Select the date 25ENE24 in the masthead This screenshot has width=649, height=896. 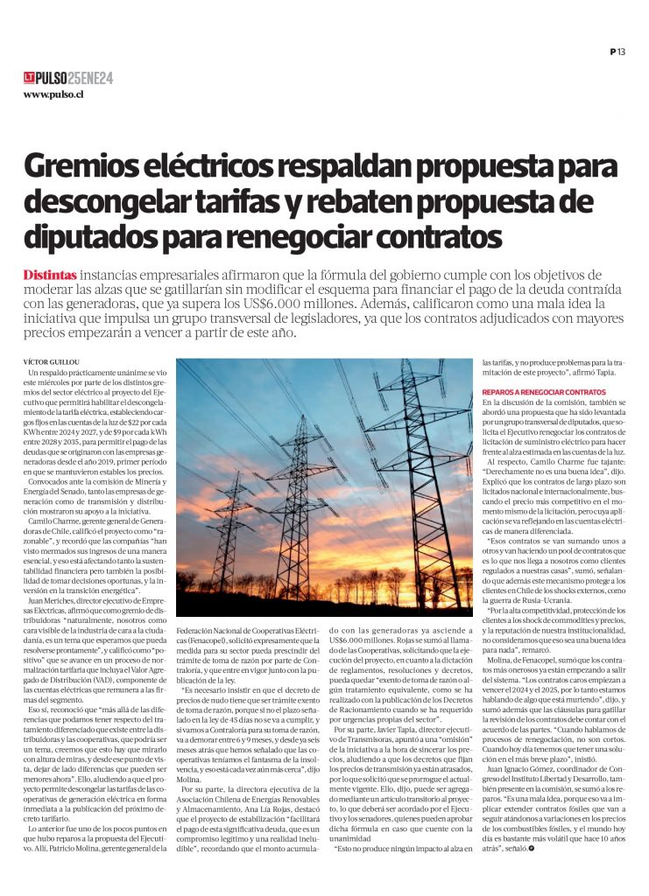tap(91, 78)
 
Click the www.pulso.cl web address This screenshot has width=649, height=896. tap(53, 94)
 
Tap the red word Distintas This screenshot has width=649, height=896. tap(50, 274)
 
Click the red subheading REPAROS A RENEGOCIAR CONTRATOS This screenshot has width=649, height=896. tap(543, 390)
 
